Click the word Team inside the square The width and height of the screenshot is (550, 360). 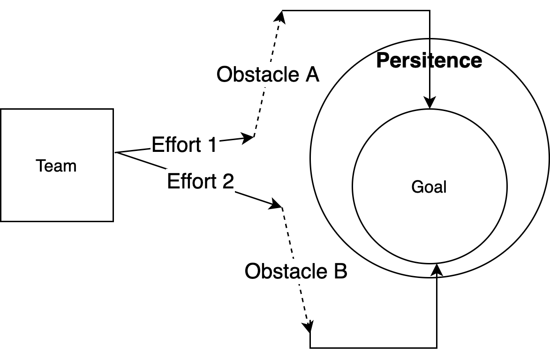pos(56,166)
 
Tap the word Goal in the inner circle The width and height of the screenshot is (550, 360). pos(429,187)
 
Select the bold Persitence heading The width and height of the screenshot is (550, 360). pos(429,61)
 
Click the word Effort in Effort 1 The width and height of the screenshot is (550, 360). pos(172,145)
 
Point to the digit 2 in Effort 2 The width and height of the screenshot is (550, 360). pos(227,181)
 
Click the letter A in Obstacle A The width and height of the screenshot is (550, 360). pos(311,75)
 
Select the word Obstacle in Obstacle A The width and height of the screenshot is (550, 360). pos(256,75)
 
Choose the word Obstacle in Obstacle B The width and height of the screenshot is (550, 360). pos(284,271)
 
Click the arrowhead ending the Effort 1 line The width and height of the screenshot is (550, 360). pos(249,137)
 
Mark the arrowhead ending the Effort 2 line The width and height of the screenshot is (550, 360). pos(276,205)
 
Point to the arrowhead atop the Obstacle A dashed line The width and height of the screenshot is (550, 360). pos(280,16)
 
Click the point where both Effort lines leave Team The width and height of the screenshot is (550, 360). pos(116,153)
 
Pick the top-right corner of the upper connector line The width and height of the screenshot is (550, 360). pos(430,10)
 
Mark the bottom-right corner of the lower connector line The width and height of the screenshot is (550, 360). pos(437,348)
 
